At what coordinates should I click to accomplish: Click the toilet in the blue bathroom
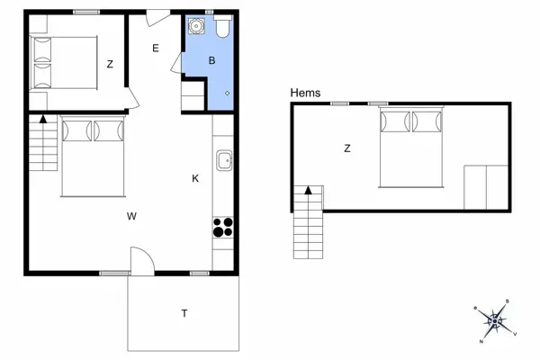(223, 25)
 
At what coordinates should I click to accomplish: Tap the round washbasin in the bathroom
(196, 26)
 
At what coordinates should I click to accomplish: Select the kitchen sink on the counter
(224, 160)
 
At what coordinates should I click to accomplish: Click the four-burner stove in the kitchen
(223, 228)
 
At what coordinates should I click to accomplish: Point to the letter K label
(195, 178)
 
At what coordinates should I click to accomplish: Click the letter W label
(131, 216)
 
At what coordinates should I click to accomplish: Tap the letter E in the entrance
(156, 49)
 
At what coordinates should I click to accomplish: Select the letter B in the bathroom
(211, 60)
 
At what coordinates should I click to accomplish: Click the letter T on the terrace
(184, 313)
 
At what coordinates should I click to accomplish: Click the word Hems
(305, 93)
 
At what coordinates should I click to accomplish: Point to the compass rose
(495, 321)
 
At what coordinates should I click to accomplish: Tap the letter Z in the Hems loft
(347, 148)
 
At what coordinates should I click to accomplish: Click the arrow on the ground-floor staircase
(43, 119)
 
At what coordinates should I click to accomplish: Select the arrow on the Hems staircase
(308, 190)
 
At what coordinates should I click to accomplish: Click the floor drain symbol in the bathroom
(228, 93)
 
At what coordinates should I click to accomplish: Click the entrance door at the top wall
(158, 18)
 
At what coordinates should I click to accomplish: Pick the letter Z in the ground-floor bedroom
(110, 65)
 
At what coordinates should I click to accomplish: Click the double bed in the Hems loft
(410, 148)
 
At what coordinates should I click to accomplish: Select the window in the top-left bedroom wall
(86, 12)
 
